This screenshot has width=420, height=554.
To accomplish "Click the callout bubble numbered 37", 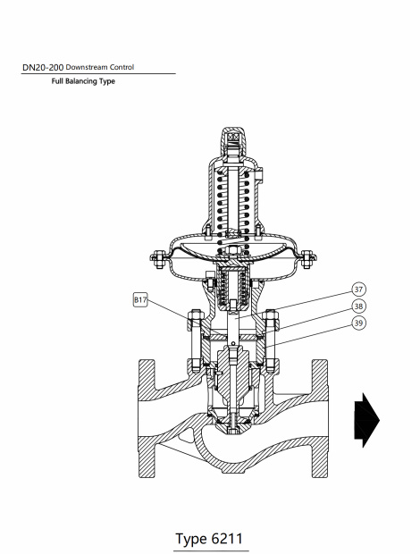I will pyautogui.click(x=358, y=290).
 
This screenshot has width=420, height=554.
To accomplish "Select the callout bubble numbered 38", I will pyautogui.click(x=358, y=306).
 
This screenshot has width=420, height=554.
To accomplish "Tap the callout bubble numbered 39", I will pyautogui.click(x=358, y=323).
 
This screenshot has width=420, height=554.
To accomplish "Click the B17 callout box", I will pyautogui.click(x=140, y=300).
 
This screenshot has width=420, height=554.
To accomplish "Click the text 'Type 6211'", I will pyautogui.click(x=209, y=539).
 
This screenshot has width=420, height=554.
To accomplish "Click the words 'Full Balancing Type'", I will pyautogui.click(x=83, y=81).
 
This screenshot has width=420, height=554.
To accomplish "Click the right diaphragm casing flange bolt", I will pyautogui.click(x=305, y=261).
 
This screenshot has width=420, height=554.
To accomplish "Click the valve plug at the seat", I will pyautogui.click(x=232, y=415).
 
